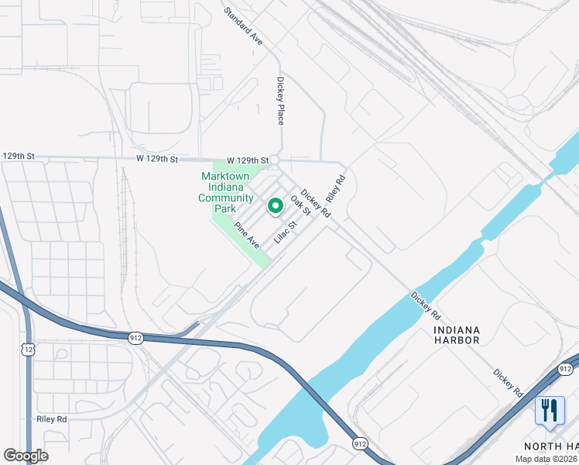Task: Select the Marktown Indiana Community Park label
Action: (227, 192)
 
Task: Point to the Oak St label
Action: (300, 205)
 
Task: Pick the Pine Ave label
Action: (247, 236)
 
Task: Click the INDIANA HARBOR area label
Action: (457, 335)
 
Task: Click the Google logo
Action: (26, 456)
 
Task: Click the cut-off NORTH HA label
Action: (551, 446)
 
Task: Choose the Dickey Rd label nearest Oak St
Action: (316, 203)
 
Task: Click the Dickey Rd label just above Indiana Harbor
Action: (426, 306)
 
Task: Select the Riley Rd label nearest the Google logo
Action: (52, 418)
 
